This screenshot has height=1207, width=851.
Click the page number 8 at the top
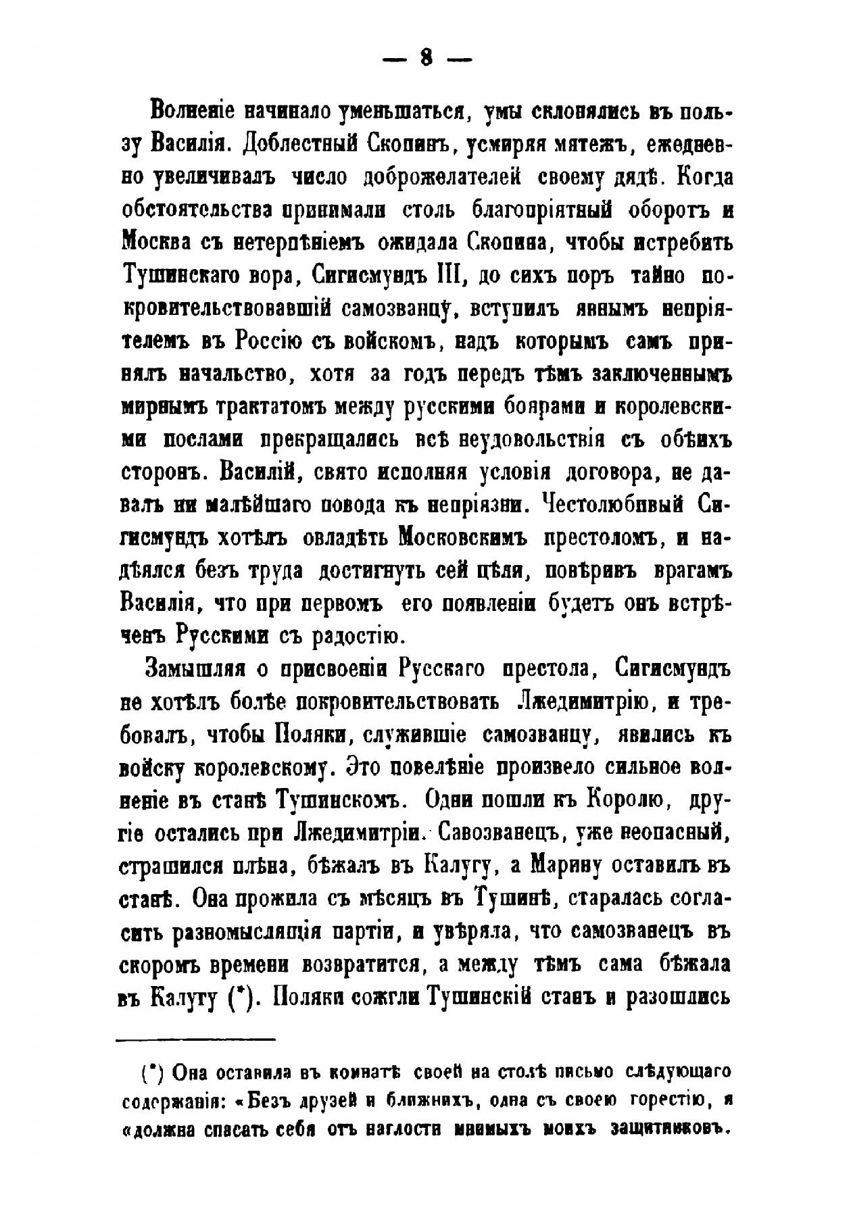tap(425, 59)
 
